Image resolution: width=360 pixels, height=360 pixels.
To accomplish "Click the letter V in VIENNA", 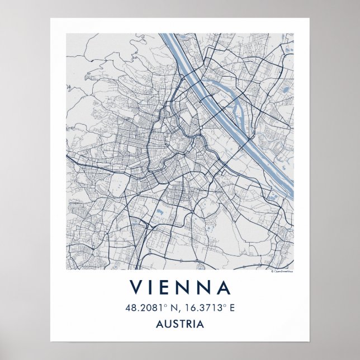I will pos(136,287).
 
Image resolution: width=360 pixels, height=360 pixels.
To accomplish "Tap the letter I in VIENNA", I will pos(154,287).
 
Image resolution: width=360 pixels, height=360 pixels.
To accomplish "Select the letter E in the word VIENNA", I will pos(170,287).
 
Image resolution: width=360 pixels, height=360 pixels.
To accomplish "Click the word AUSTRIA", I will pos(180,324).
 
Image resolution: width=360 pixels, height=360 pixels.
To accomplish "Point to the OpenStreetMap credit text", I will pos(282,272).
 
